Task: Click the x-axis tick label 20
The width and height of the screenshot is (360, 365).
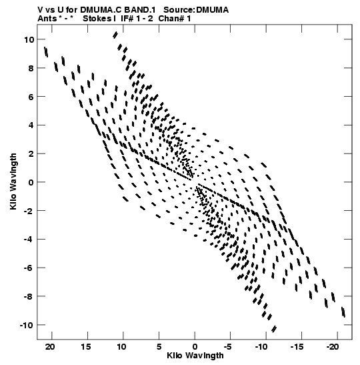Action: click(x=50, y=347)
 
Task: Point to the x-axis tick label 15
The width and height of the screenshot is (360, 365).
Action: click(x=85, y=347)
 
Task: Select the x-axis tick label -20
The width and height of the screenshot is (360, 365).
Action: click(x=332, y=347)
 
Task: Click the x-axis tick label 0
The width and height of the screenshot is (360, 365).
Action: click(x=195, y=347)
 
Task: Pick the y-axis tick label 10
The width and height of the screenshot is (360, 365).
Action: click(x=29, y=40)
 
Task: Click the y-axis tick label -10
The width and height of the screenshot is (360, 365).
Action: click(x=27, y=325)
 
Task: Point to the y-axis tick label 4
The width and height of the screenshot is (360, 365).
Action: click(x=31, y=125)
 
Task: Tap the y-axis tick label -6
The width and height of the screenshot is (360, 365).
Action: click(x=29, y=268)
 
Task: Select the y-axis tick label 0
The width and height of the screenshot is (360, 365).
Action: click(x=31, y=183)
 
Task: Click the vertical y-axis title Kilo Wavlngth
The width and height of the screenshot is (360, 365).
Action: click(x=13, y=181)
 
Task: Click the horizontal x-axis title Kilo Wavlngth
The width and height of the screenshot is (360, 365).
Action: click(x=195, y=356)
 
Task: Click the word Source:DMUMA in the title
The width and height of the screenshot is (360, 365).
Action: click(x=196, y=10)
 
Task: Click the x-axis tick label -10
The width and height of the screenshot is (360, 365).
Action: click(x=261, y=347)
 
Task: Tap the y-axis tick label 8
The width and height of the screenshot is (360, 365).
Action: click(x=31, y=69)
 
